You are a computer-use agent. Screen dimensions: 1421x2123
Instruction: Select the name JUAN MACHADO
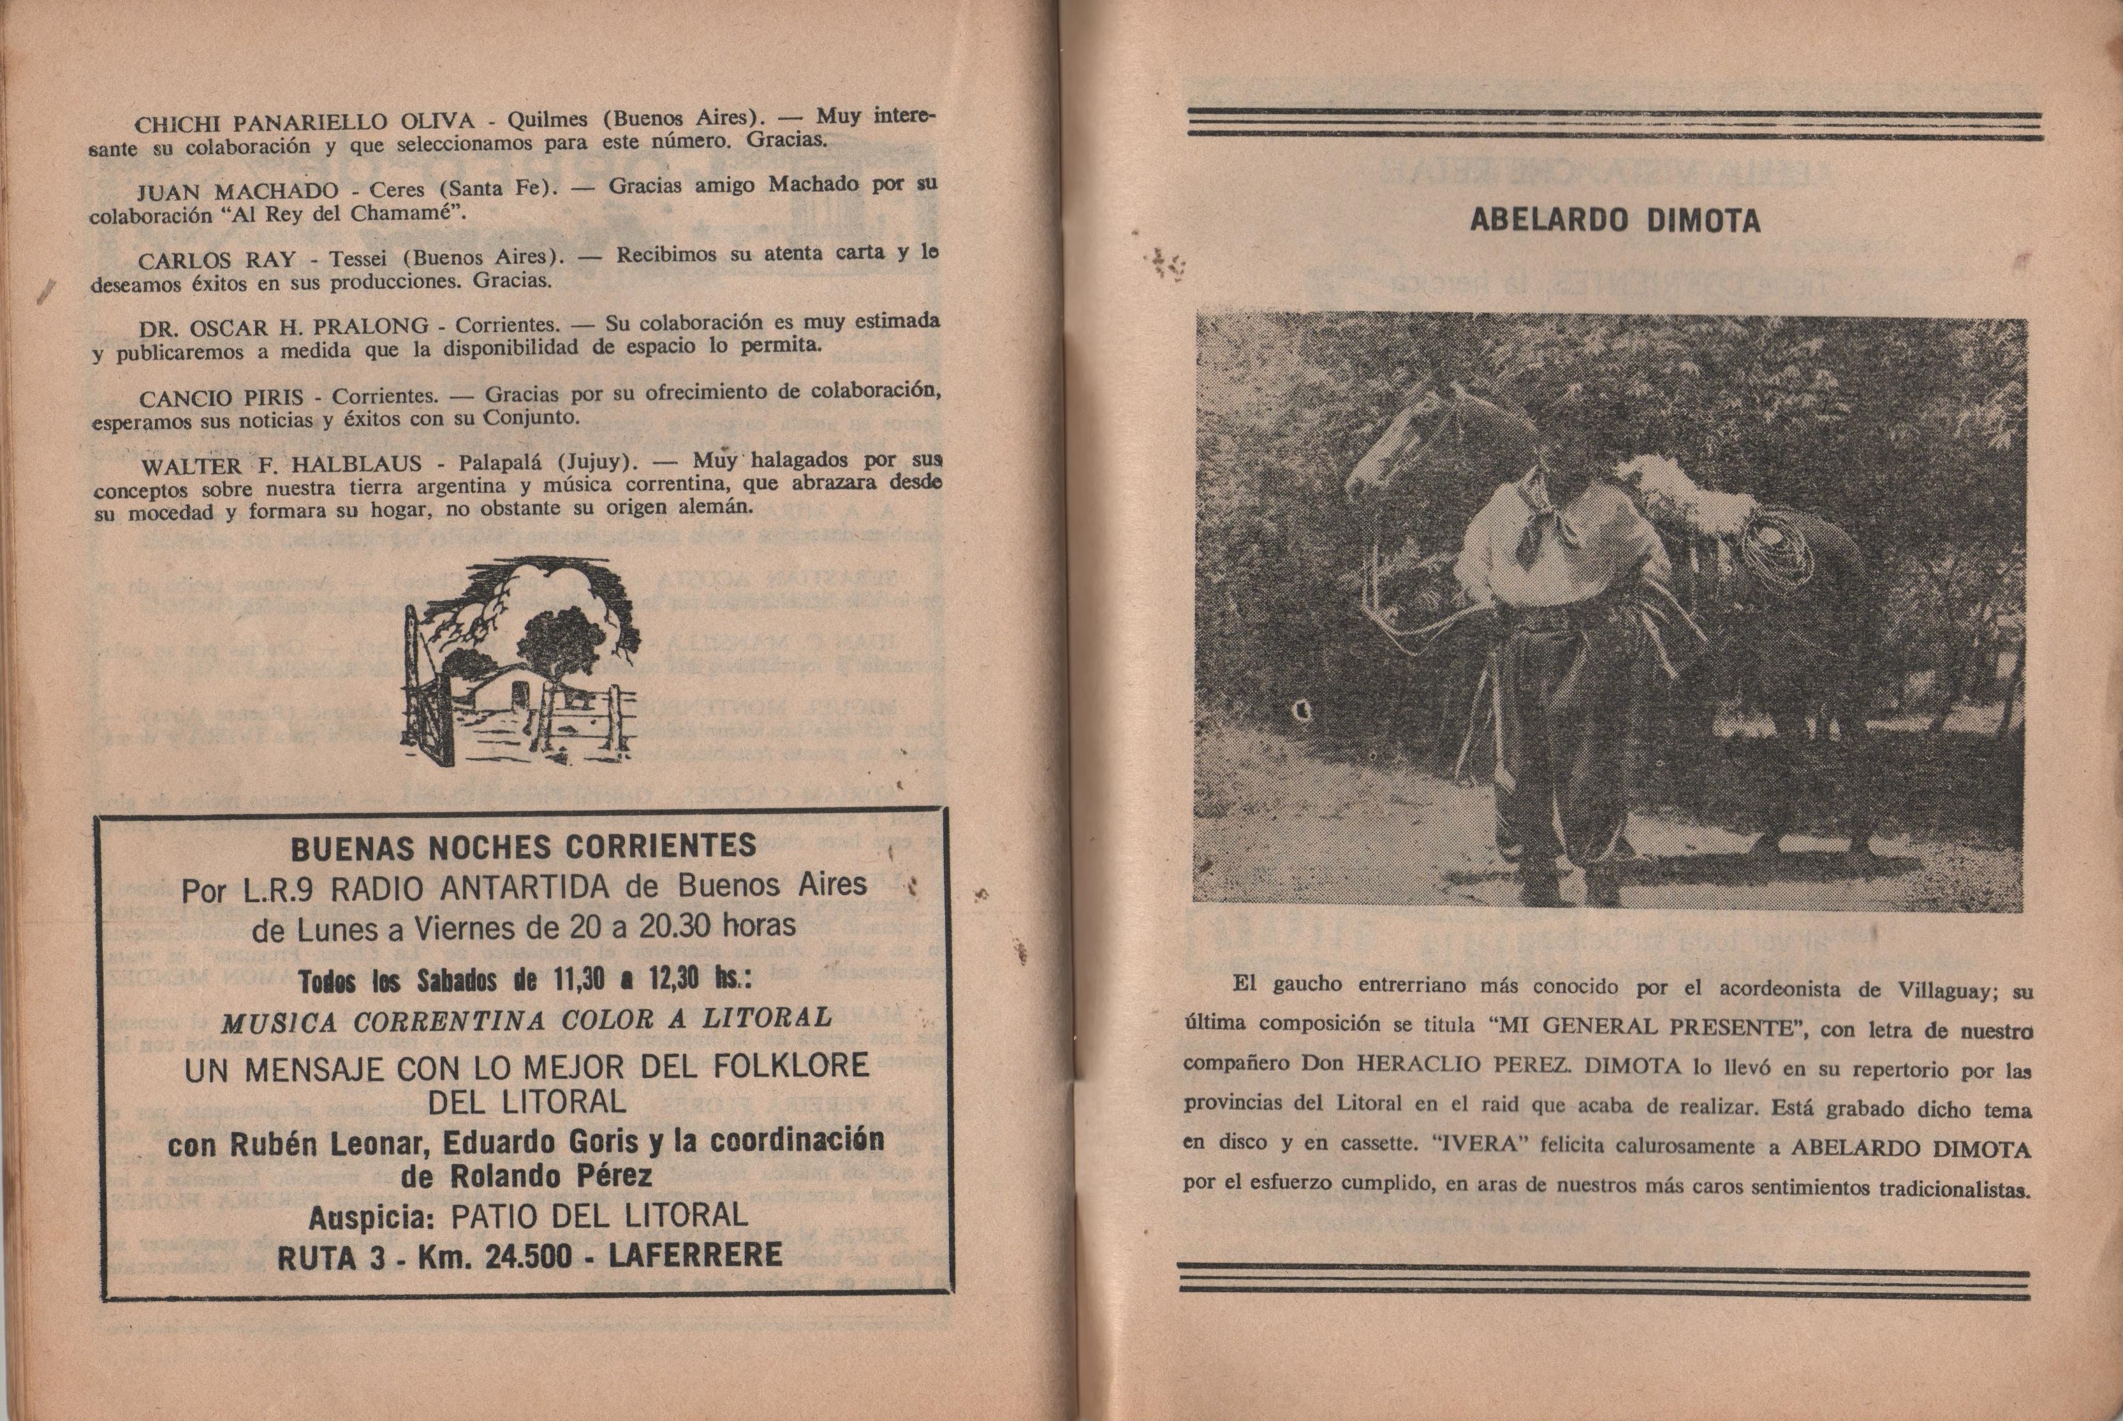[x=237, y=192]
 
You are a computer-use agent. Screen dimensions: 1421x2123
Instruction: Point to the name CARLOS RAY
[x=217, y=260]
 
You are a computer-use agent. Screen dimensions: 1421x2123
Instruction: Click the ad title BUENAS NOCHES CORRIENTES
[x=523, y=847]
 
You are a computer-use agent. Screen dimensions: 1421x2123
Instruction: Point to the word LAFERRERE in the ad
[x=695, y=1255]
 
